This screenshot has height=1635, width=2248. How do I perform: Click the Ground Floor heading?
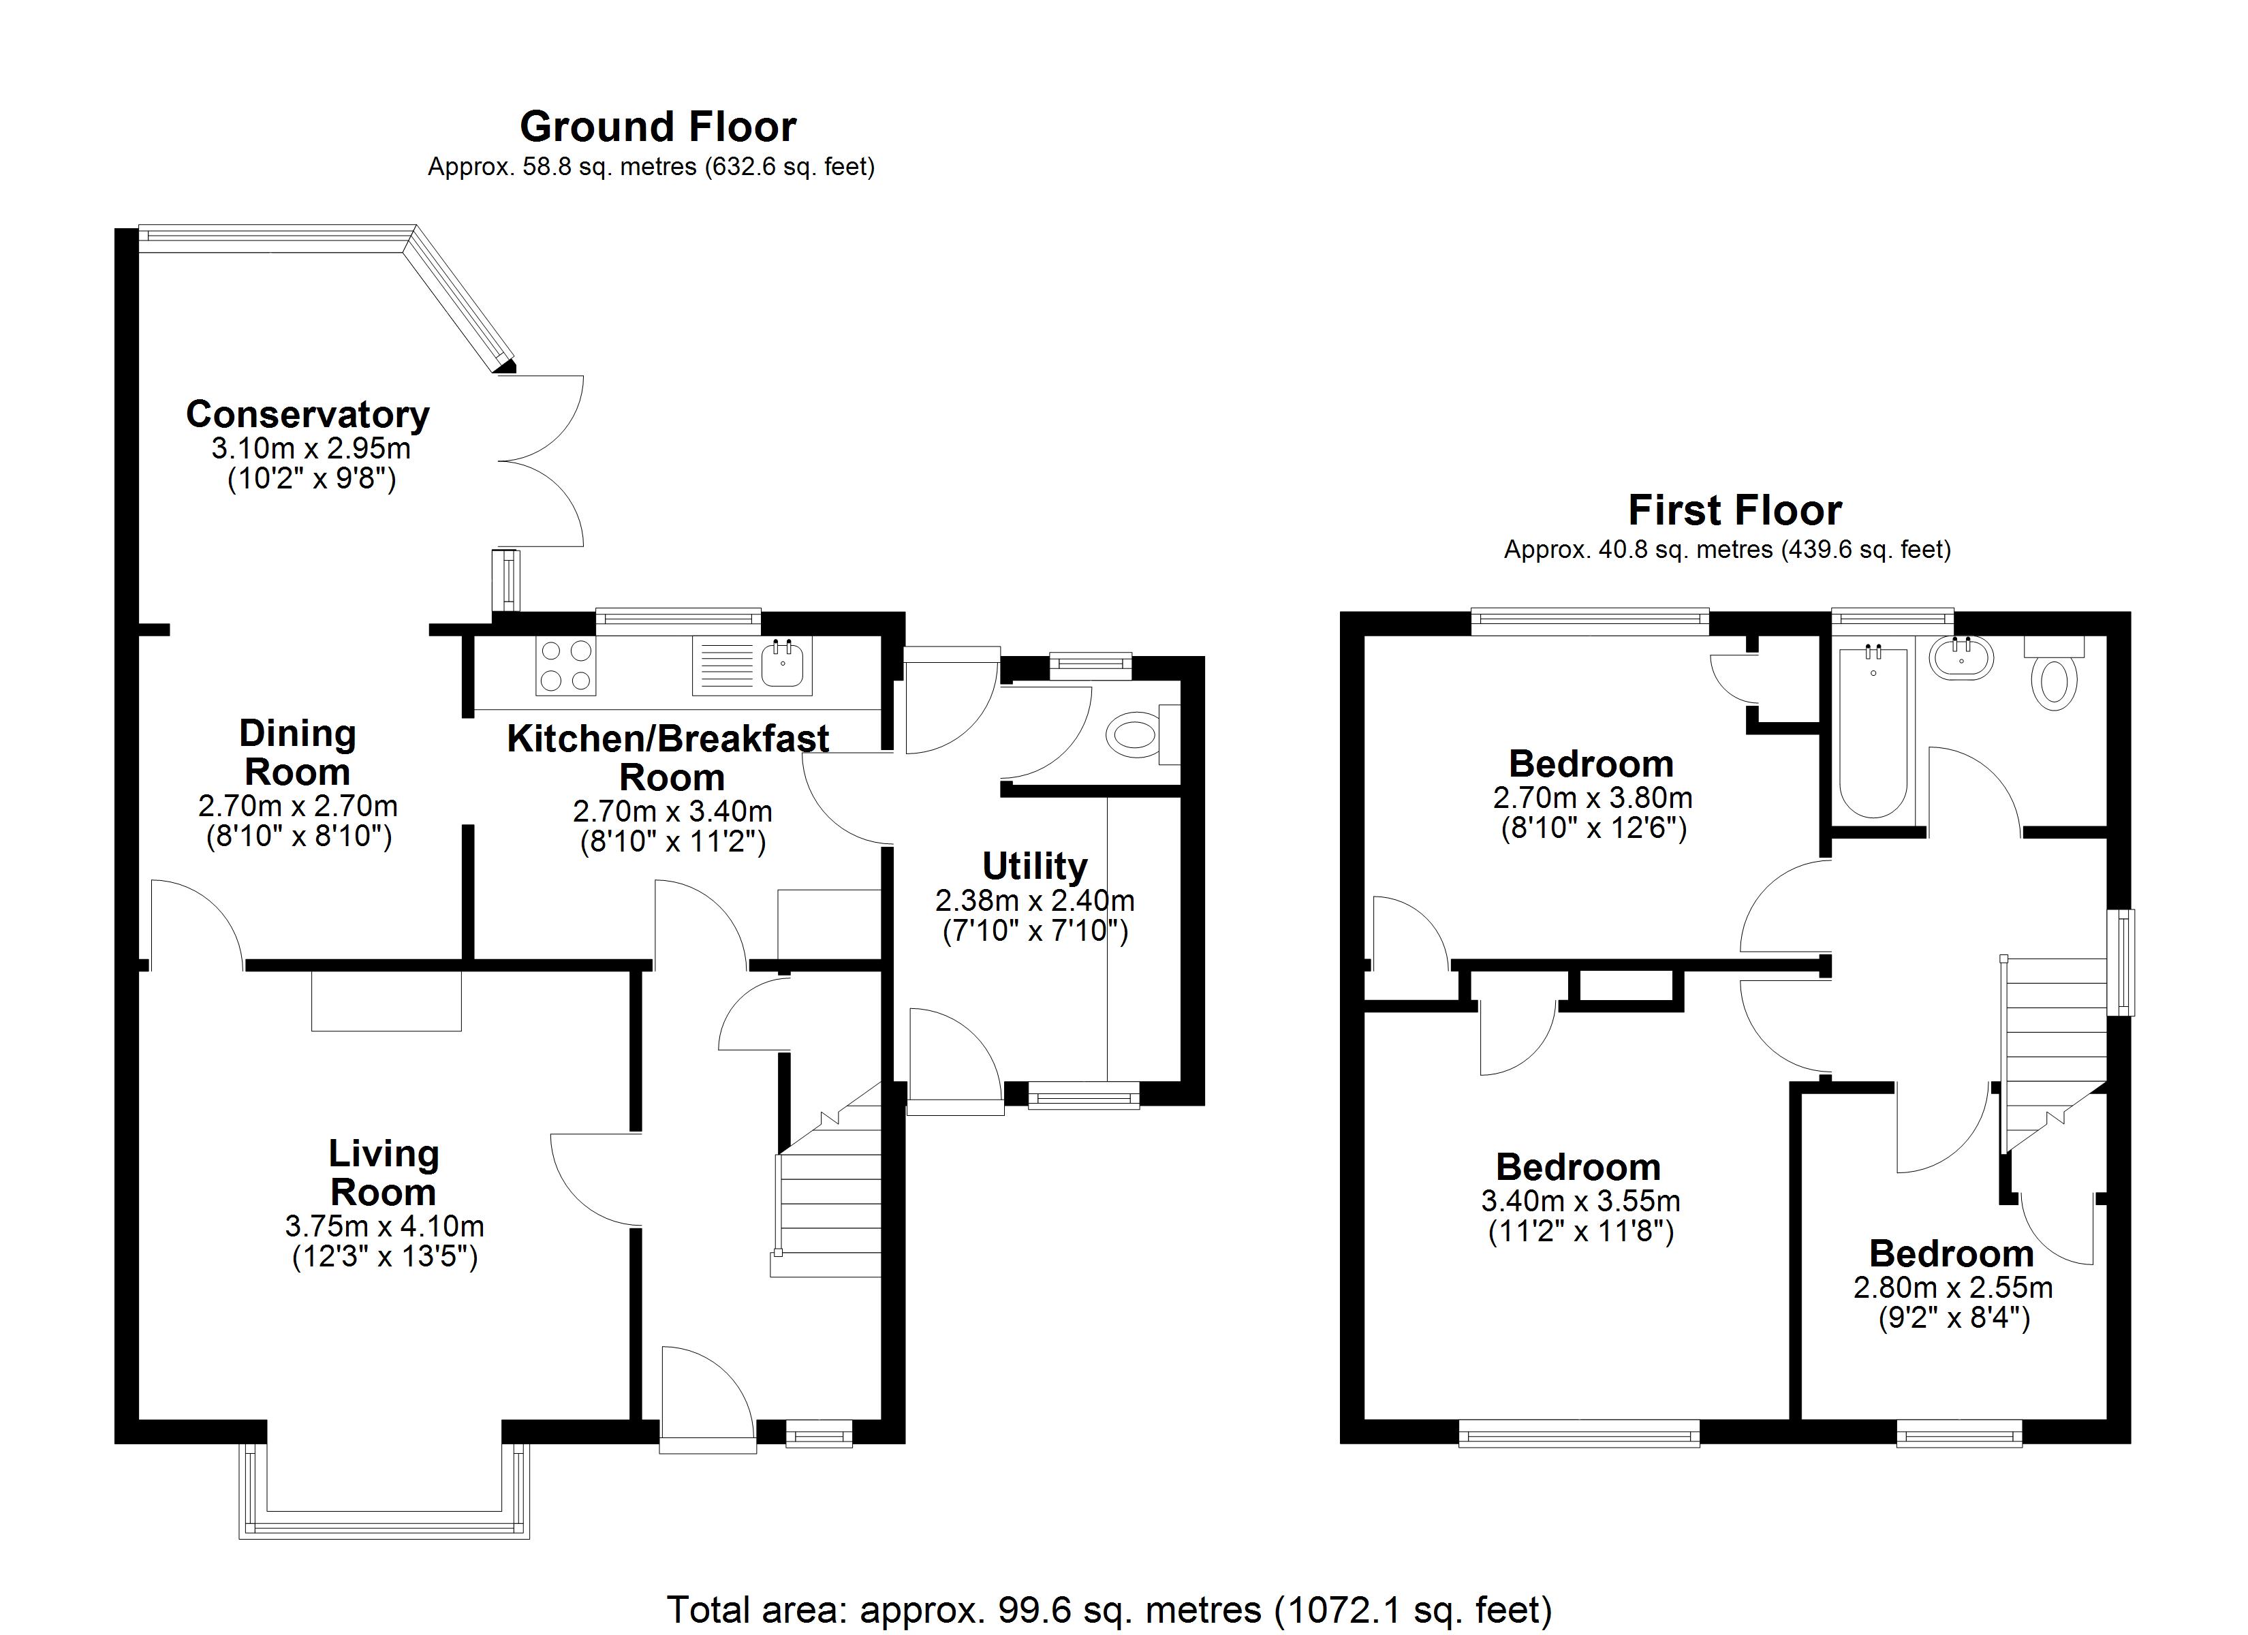pos(657,127)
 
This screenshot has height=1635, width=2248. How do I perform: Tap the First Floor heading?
pos(1734,511)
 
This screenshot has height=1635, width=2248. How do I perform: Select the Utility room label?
pos(1035,866)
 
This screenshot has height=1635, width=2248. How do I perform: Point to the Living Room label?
pos(384,1173)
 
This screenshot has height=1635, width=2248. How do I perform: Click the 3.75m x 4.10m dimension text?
pos(385,1226)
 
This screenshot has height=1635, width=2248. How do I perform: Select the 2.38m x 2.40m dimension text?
pos(1035,901)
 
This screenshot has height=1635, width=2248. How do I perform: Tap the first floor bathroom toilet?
pos(2054,673)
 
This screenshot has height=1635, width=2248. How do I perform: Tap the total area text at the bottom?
pos(1109,1608)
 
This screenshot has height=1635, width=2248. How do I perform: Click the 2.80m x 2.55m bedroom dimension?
pos(1952,1288)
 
